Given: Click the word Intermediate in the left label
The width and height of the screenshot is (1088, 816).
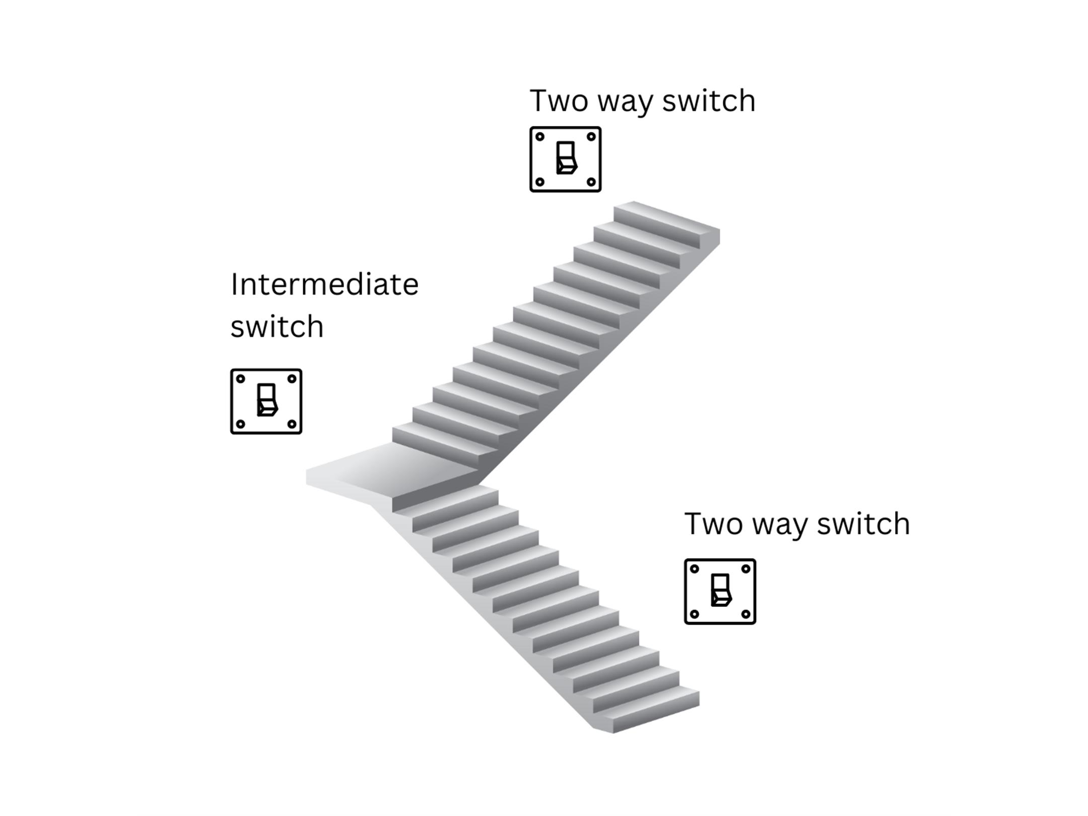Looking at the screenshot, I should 324,285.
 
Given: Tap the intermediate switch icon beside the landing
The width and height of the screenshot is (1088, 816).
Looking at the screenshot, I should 266,401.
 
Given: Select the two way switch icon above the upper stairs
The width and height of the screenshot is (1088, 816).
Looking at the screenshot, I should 565,159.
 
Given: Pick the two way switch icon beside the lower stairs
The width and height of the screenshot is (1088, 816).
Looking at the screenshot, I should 720,591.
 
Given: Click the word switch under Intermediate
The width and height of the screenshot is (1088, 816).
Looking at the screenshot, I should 277,327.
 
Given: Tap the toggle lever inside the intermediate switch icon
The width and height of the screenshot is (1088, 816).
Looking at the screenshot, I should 267,400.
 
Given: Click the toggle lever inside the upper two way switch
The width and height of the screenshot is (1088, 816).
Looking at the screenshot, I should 566,158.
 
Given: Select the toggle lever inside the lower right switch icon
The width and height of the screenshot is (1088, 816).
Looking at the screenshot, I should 721,590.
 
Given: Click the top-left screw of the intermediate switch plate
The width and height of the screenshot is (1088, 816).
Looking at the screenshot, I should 241,379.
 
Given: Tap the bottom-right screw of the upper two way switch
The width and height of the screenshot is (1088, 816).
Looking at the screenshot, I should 591,182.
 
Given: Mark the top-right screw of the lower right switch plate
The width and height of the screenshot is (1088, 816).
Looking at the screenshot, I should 746,569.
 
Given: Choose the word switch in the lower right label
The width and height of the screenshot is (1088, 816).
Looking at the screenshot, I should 863,524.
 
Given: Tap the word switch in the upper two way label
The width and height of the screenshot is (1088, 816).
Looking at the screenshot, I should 708,101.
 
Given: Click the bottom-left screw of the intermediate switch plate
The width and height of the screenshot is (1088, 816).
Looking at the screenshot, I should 241,424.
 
